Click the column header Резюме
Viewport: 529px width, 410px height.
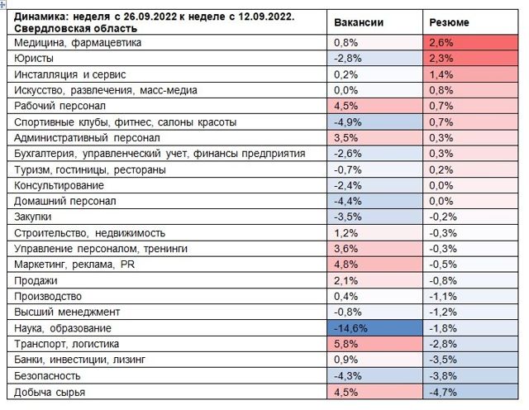pos(450,23)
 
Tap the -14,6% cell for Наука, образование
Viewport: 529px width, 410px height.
pos(377,328)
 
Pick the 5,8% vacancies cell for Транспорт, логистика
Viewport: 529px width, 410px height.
pos(377,344)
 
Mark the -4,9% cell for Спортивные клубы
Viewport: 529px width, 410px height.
pos(377,122)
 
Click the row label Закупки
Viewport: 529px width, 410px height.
pos(34,217)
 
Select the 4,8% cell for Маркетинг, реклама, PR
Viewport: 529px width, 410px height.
pos(377,265)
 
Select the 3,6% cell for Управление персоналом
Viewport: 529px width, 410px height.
pos(377,249)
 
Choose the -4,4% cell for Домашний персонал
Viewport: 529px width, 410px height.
pos(377,201)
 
